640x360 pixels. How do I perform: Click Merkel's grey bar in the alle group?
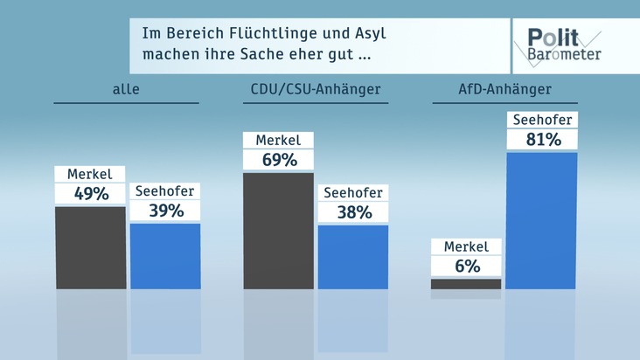click(x=90, y=247)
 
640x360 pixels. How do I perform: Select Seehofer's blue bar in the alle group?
click(x=165, y=256)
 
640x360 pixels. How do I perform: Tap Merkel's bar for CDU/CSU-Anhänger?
click(x=278, y=231)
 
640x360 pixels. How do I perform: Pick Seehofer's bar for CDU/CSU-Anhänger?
click(x=352, y=257)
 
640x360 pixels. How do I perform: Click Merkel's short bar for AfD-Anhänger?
click(x=466, y=284)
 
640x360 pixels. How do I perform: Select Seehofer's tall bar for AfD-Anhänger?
click(x=541, y=220)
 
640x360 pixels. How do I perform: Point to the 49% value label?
click(x=90, y=193)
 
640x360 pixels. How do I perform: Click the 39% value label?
click(x=165, y=211)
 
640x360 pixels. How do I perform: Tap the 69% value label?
click(x=278, y=160)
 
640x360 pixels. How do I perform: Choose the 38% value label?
click(x=352, y=212)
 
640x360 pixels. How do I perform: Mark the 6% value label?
click(x=466, y=267)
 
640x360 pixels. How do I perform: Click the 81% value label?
click(x=541, y=139)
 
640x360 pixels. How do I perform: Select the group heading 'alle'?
click(x=126, y=89)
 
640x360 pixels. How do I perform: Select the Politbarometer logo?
click(x=564, y=45)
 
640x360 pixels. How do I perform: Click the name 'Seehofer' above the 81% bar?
click(x=541, y=120)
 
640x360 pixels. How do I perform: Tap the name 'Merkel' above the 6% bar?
click(x=466, y=246)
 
